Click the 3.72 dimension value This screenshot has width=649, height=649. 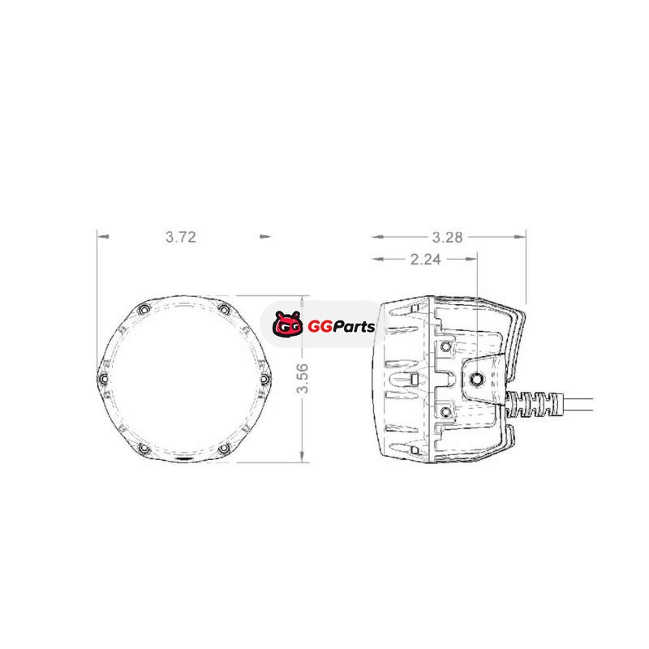click(x=181, y=237)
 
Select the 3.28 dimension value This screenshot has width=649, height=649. click(x=448, y=238)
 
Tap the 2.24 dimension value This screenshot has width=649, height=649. click(x=425, y=260)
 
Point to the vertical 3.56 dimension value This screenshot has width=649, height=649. click(x=303, y=378)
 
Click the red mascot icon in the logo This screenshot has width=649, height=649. click(x=288, y=324)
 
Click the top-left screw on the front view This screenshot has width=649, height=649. click(x=144, y=309)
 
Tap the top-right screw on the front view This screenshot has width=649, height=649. click(x=224, y=309)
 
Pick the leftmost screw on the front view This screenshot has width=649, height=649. click(x=103, y=379)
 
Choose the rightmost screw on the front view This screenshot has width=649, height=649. click(x=265, y=379)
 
